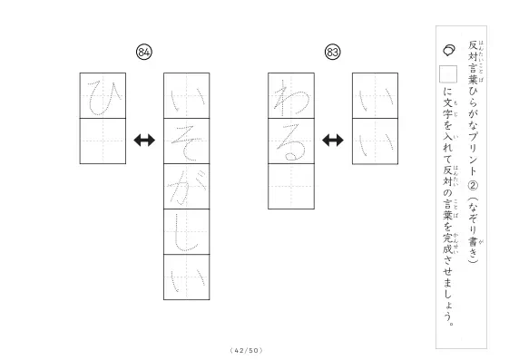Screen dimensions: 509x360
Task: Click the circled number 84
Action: (x=144, y=52)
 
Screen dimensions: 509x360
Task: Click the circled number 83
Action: (x=333, y=52)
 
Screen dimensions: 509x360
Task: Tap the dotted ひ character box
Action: (x=103, y=96)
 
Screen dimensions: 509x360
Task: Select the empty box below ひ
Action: (x=103, y=141)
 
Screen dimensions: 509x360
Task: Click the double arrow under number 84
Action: (x=144, y=141)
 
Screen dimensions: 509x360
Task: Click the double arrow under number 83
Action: (x=333, y=141)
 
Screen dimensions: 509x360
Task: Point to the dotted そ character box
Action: (x=187, y=141)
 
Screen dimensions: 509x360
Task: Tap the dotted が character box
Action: (x=187, y=187)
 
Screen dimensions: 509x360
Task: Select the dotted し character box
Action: (x=187, y=232)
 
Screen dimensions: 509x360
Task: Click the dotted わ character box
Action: (x=291, y=96)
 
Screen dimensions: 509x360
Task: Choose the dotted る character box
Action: (x=291, y=141)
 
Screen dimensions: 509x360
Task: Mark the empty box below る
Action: (x=291, y=187)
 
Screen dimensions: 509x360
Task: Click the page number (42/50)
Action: (x=247, y=350)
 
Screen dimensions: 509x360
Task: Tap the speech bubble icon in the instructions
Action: (x=449, y=50)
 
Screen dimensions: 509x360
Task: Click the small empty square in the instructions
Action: (x=448, y=74)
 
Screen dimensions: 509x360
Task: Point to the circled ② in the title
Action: (x=473, y=186)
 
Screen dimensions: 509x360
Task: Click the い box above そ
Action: (x=187, y=96)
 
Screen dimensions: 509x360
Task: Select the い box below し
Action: (x=187, y=277)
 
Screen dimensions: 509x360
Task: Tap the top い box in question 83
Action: (x=376, y=96)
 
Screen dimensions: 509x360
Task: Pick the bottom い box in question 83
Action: (x=376, y=141)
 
